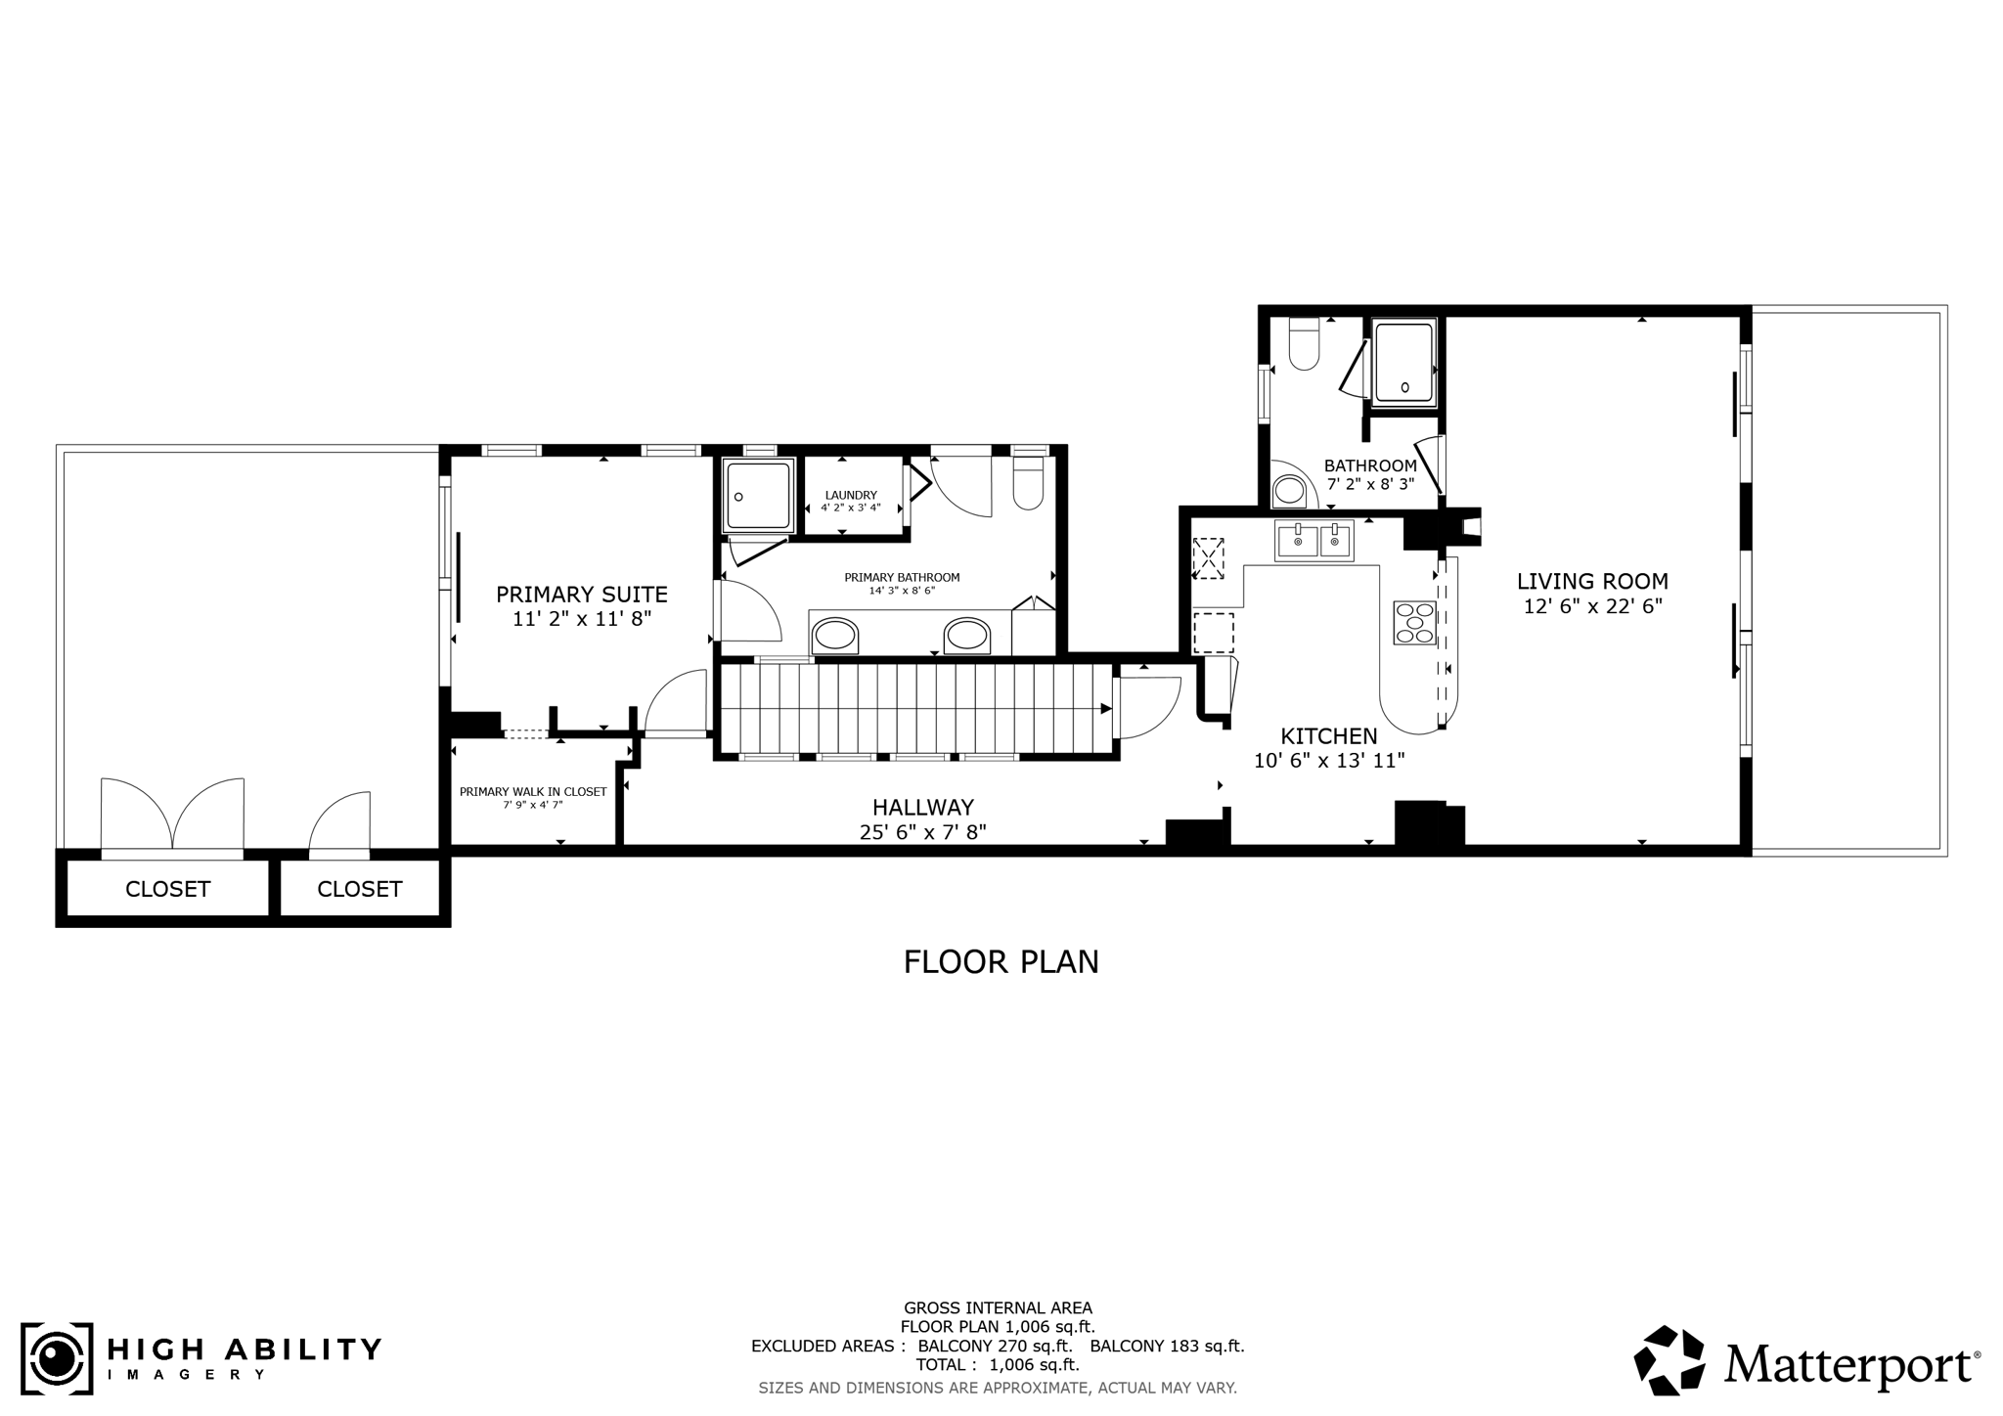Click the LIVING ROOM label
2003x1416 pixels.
1592,581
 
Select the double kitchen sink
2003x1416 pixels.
1313,541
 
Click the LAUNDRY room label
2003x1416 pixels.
851,495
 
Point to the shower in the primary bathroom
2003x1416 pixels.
758,496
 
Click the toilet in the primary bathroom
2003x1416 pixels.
1028,485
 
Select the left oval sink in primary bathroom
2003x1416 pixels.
835,635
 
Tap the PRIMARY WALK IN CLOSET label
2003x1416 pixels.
533,791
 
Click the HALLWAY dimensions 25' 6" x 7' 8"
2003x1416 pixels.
922,832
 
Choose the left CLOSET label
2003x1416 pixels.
167,889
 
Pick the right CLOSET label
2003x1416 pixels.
359,889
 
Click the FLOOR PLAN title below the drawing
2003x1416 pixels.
1001,961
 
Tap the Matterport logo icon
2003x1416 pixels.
1669,1359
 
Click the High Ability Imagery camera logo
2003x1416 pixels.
57,1359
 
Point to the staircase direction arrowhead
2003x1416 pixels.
1105,709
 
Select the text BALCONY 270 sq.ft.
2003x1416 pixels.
995,1346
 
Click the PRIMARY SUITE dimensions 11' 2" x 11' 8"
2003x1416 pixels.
581,619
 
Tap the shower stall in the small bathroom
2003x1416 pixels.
1403,364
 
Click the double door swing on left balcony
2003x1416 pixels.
173,815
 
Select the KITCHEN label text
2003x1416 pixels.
1329,735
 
